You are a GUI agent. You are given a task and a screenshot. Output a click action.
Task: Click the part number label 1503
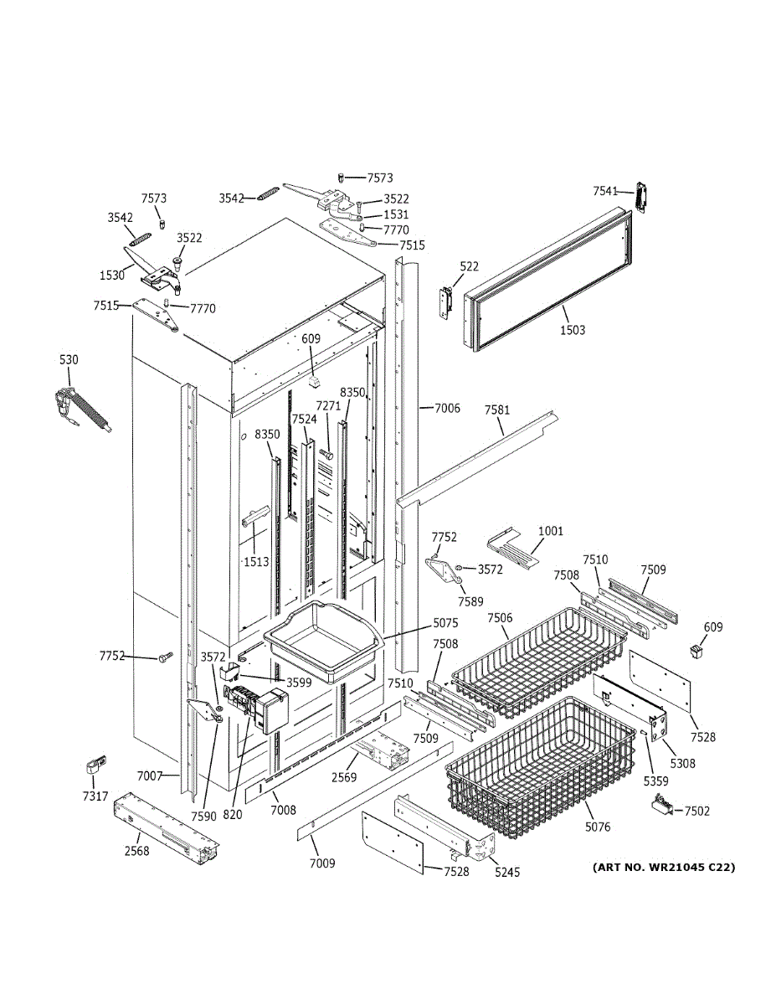[573, 330]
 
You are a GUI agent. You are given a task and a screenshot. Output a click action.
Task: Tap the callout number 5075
[446, 623]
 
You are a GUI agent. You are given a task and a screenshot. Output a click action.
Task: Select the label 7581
[497, 410]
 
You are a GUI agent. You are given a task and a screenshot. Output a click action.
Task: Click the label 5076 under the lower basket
[598, 827]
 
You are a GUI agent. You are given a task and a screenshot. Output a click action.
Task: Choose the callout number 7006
[447, 408]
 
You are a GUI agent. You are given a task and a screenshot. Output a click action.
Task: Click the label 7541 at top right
[606, 192]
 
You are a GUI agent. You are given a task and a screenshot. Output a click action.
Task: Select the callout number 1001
[551, 531]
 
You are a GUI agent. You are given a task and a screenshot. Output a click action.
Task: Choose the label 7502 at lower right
[697, 811]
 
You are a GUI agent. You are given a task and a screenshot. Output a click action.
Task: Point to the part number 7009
[322, 863]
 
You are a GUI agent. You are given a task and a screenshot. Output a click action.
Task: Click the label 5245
[506, 873]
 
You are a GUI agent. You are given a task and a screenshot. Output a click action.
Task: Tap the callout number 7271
[328, 430]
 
